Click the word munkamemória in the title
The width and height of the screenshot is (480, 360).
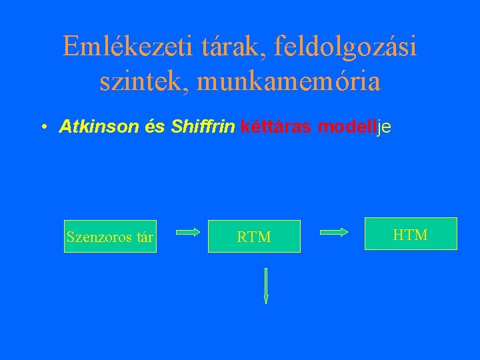coord(287,82)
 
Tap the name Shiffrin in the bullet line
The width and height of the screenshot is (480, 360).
coord(203,127)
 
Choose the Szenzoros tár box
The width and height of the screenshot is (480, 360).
coord(110,237)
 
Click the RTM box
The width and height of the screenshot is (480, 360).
coord(254,237)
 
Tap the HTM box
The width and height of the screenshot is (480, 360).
coord(411,234)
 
